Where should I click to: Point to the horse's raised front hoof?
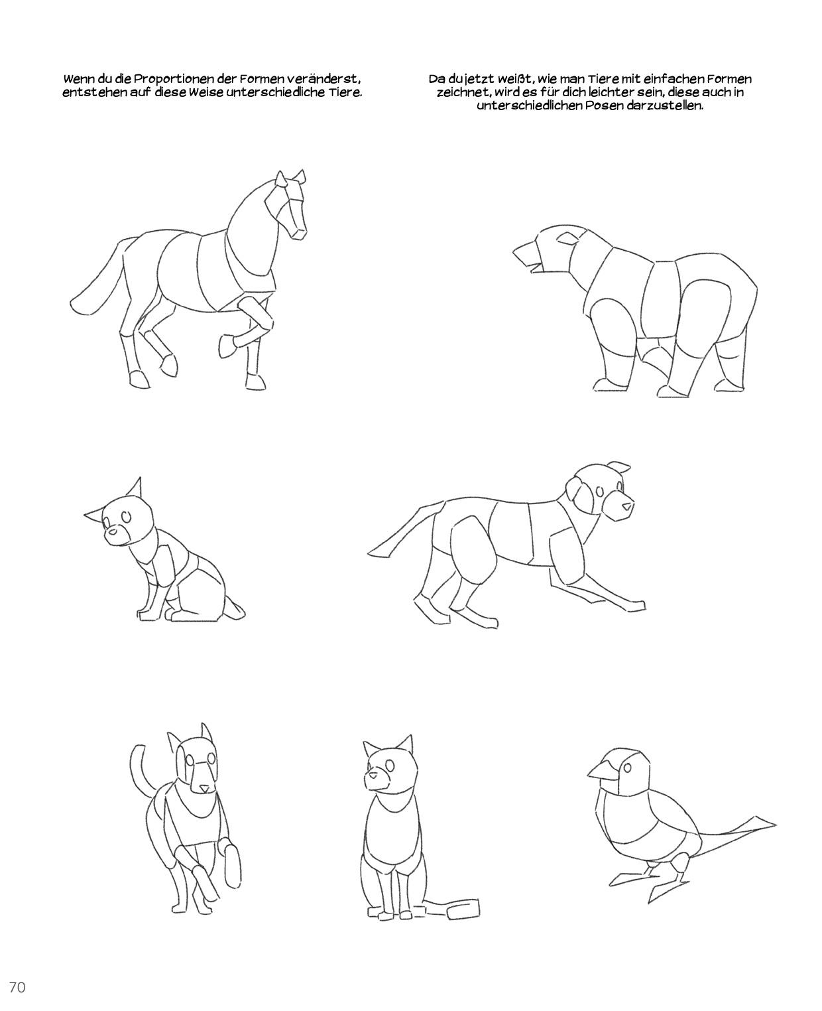(227, 346)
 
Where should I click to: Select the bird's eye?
(628, 768)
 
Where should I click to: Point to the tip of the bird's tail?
(776, 825)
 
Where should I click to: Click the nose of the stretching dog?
(628, 506)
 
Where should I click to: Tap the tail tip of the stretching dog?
(369, 553)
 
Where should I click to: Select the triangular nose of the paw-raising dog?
(204, 788)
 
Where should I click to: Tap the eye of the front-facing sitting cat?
(390, 766)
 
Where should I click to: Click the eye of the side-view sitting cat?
(126, 516)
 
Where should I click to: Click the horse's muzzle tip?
(299, 234)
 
